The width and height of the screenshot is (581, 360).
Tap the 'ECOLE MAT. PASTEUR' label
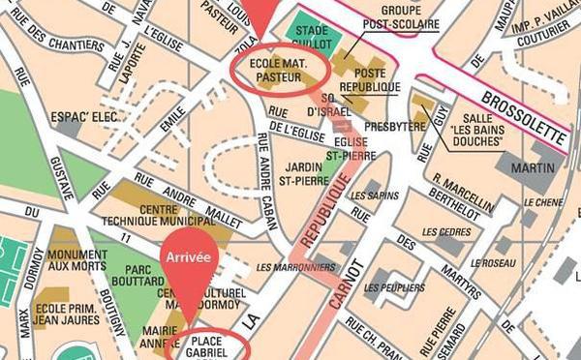click(x=279, y=70)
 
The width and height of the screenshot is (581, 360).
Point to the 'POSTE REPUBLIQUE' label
click(x=371, y=80)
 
